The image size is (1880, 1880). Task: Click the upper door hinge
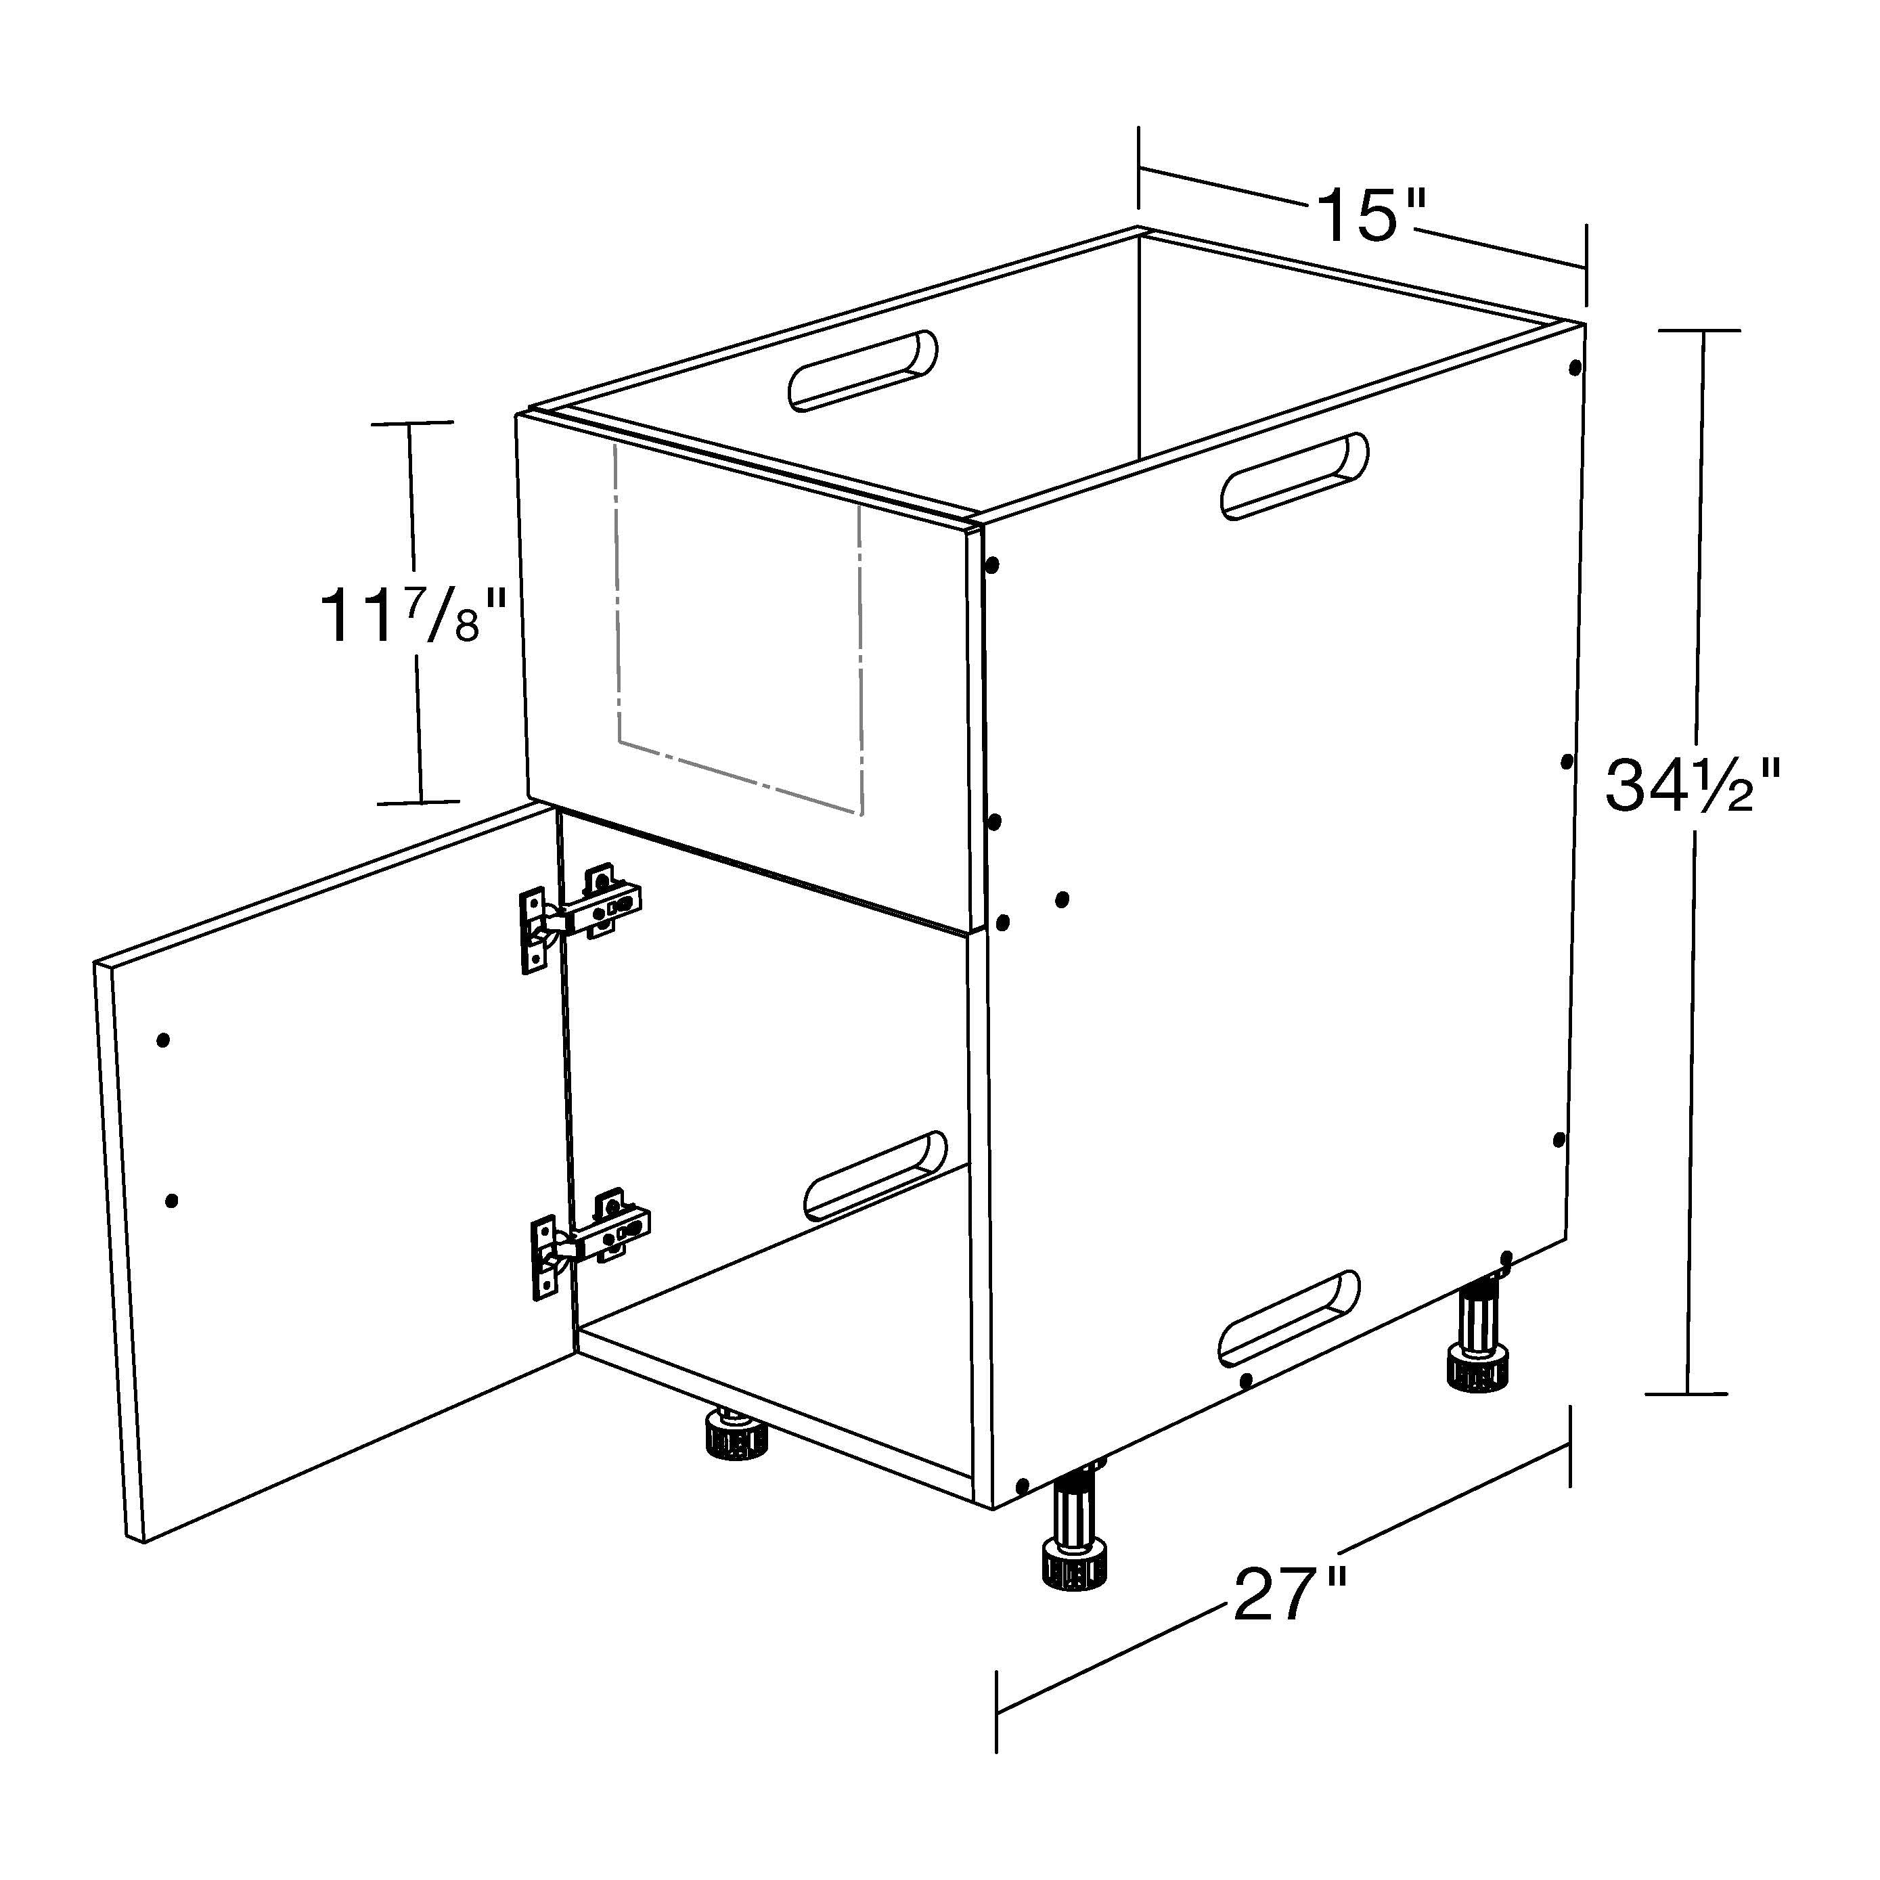(x=581, y=915)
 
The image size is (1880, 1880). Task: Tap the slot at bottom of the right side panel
(x=1289, y=1316)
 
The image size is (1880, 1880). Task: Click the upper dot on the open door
(x=164, y=1040)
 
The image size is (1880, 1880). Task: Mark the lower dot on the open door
(x=173, y=1201)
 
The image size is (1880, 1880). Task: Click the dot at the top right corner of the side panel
(x=1575, y=369)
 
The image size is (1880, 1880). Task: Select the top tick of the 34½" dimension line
(x=1700, y=331)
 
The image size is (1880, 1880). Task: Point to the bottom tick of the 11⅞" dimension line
(x=418, y=803)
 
